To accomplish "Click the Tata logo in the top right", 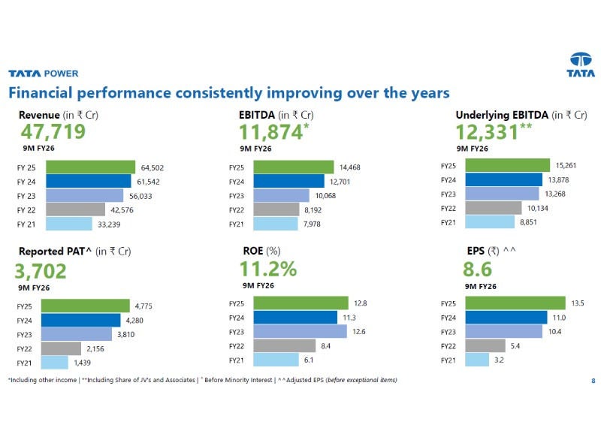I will point(581,65).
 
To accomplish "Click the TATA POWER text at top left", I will point(43,74).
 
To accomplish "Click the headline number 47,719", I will point(53,133).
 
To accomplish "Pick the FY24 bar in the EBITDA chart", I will point(288,181).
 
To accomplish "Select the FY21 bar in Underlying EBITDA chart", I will point(489,222).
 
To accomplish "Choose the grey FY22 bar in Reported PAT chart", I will point(61,348).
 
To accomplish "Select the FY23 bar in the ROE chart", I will point(300,332).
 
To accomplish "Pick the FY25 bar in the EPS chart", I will point(515,303).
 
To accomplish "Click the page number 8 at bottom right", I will point(593,381).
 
